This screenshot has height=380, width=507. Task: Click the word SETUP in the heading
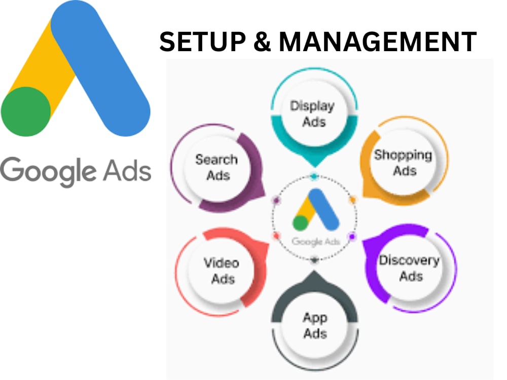click(x=203, y=42)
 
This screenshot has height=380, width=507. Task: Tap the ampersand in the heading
click(x=262, y=42)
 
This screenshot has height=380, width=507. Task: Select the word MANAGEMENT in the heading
click(x=378, y=42)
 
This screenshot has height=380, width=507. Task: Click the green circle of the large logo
click(x=26, y=111)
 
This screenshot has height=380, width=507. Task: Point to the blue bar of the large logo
click(x=100, y=68)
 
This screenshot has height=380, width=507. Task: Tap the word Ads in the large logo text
click(x=127, y=170)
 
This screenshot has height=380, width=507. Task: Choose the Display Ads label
click(x=312, y=113)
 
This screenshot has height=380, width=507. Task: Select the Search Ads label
click(x=217, y=167)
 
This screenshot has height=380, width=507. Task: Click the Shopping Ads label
click(x=403, y=163)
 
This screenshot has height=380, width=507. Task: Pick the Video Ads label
click(x=222, y=271)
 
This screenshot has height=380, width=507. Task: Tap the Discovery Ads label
click(x=410, y=268)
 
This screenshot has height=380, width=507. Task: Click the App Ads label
click(x=315, y=326)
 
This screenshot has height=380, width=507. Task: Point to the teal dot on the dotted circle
click(x=314, y=176)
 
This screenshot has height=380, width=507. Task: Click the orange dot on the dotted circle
click(x=353, y=200)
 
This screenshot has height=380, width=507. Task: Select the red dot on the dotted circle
click(x=276, y=236)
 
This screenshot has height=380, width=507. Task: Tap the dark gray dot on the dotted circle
click(x=314, y=259)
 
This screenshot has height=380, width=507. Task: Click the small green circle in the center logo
click(x=300, y=223)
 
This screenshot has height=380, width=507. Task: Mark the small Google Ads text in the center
click(x=316, y=242)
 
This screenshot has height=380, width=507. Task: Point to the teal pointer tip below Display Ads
click(x=315, y=166)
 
